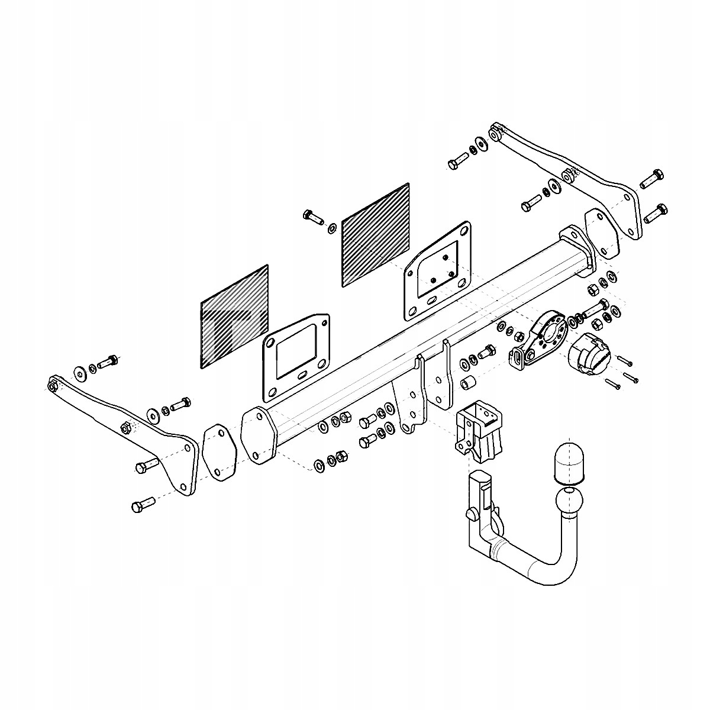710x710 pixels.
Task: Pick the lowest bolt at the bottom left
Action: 142,506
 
